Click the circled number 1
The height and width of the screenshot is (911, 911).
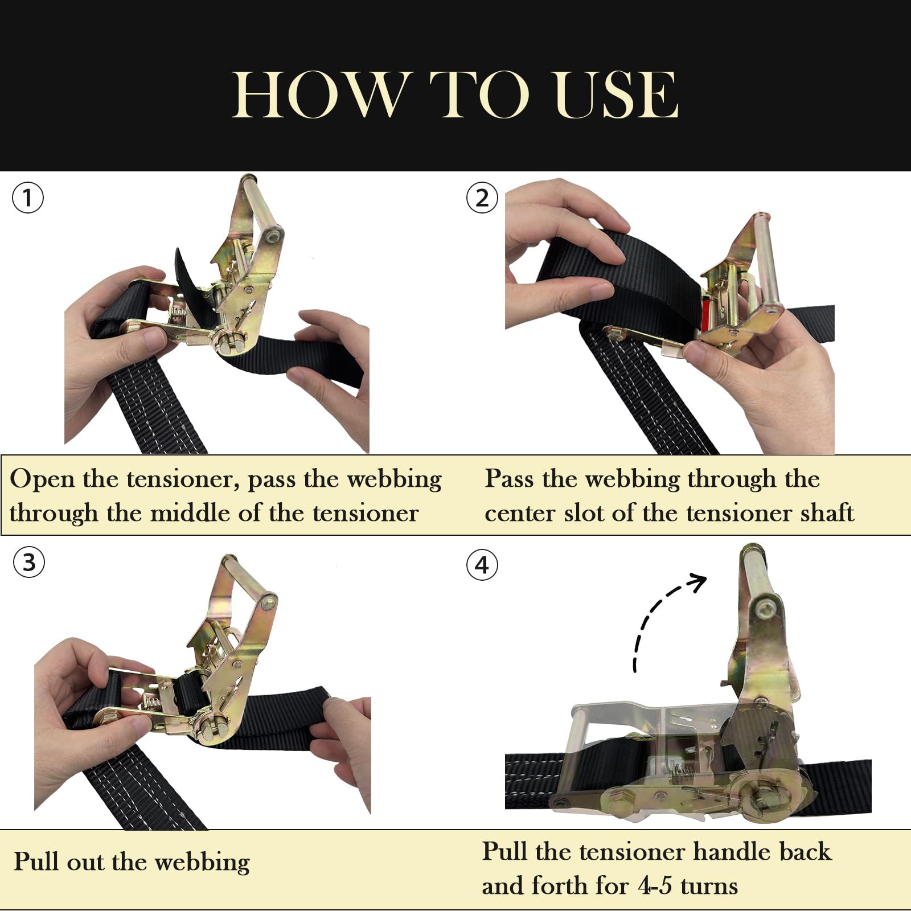(27, 198)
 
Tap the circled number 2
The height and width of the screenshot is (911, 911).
(482, 198)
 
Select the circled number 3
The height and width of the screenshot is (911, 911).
(28, 562)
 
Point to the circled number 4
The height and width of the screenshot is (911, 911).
(482, 565)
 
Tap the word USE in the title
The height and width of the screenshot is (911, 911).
(617, 95)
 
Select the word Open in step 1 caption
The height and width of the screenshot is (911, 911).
(42, 479)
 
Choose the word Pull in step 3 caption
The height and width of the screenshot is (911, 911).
(36, 861)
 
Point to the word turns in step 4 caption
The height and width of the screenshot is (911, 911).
(709, 887)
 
